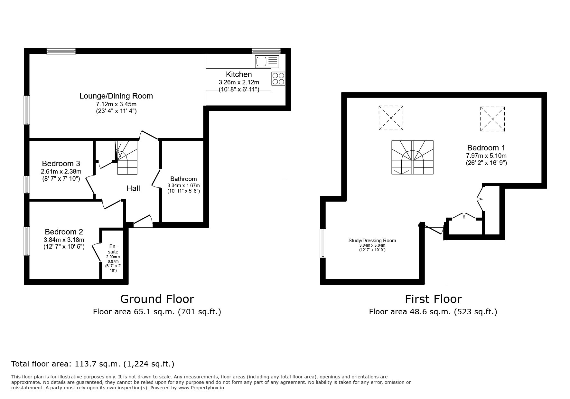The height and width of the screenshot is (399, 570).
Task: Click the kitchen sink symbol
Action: tap(267, 61)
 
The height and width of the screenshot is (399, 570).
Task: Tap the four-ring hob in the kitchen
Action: tap(278, 78)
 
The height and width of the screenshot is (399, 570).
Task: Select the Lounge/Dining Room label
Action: tap(116, 96)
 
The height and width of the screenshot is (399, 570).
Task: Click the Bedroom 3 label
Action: tap(61, 164)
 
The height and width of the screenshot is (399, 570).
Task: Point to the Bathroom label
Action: tap(183, 179)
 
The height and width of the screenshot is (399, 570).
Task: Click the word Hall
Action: tap(133, 188)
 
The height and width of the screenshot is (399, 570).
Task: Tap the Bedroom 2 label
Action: tap(64, 232)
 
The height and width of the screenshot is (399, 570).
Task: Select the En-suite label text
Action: tap(113, 249)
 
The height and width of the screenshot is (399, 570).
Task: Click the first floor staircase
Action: tap(412, 157)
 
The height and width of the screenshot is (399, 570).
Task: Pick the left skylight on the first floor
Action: tap(391, 118)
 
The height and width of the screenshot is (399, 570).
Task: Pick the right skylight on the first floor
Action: tap(492, 119)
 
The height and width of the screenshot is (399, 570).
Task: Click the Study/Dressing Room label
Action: tap(372, 241)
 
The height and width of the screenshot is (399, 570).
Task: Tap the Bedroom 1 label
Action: tap(486, 148)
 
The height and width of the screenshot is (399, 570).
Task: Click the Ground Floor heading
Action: tap(157, 299)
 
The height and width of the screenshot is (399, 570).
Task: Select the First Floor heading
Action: tap(433, 299)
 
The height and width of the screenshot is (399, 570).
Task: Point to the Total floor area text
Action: tap(93, 364)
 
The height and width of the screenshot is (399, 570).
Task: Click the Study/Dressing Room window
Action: tap(323, 243)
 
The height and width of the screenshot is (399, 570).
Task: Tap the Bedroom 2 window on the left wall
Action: tap(27, 241)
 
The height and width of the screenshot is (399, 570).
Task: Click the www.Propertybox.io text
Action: tap(201, 388)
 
